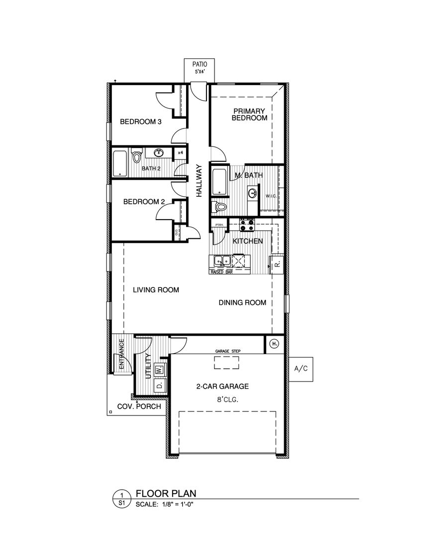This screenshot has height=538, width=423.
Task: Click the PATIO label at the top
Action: pos(200,64)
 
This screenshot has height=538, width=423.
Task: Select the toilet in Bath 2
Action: pos(138,157)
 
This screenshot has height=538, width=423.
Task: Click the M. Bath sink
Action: pos(252,192)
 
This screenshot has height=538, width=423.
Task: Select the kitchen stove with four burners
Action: pos(247,225)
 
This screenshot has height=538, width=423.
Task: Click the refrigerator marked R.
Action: pos(277,263)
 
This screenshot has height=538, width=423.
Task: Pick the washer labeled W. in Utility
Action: pos(159,370)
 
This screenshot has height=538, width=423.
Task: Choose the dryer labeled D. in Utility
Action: pos(159,385)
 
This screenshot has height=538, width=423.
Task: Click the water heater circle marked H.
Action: pos(274,343)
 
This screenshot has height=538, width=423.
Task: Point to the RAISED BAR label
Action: pos(222,273)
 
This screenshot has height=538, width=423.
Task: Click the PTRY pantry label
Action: pos(219,225)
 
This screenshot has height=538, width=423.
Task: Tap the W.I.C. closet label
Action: pos(271,196)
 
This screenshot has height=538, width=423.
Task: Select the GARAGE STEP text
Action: pos(227,351)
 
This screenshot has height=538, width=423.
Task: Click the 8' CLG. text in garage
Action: pos(226,399)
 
